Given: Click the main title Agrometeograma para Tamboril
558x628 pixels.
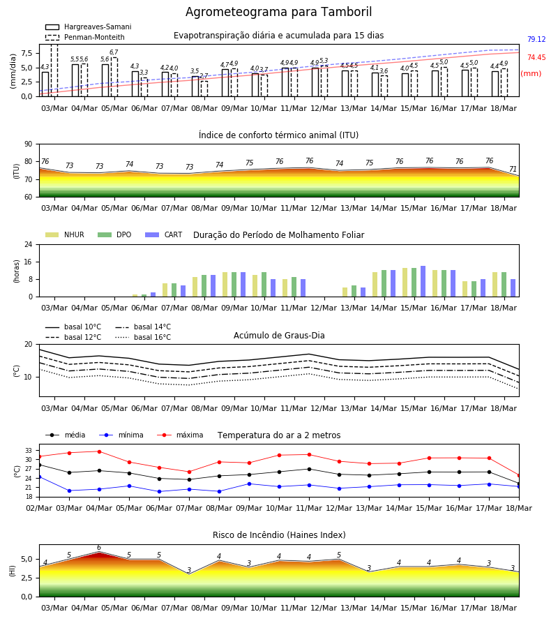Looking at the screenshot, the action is pos(278,12).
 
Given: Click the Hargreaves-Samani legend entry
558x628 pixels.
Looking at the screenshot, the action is pos(88,27).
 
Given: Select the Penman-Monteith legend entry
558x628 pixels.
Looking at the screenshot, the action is pos(85,37).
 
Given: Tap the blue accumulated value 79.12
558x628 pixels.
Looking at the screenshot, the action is pos(536,39).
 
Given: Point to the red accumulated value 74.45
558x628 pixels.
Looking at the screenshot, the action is pos(536,57).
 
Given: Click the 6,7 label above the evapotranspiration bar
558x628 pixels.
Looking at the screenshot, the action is pos(114,52).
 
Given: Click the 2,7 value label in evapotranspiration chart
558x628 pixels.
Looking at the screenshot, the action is pos(204,75).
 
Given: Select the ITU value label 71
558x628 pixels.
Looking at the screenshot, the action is pos(513,169).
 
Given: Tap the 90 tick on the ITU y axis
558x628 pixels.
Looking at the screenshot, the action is pos(29,144).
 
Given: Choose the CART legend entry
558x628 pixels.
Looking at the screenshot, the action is pos(163,234).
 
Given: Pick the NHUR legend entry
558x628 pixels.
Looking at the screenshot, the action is pos(65,234).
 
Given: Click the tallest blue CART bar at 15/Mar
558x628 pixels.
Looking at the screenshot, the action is pos(423,281).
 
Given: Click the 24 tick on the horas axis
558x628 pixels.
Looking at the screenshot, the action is pos(29,244).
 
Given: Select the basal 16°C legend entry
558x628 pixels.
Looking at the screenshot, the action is pos(143,337).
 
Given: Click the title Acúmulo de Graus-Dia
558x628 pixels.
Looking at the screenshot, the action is pos(279,335).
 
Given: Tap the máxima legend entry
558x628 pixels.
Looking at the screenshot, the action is pos(180,435).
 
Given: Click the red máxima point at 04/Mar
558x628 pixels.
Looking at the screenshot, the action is pos(99,451).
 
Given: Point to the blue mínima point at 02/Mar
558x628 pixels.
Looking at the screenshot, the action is pos(39,477).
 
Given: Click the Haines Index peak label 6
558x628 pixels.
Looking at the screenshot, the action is pos(99,548).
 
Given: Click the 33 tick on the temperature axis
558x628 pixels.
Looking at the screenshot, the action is pos(29,451).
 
